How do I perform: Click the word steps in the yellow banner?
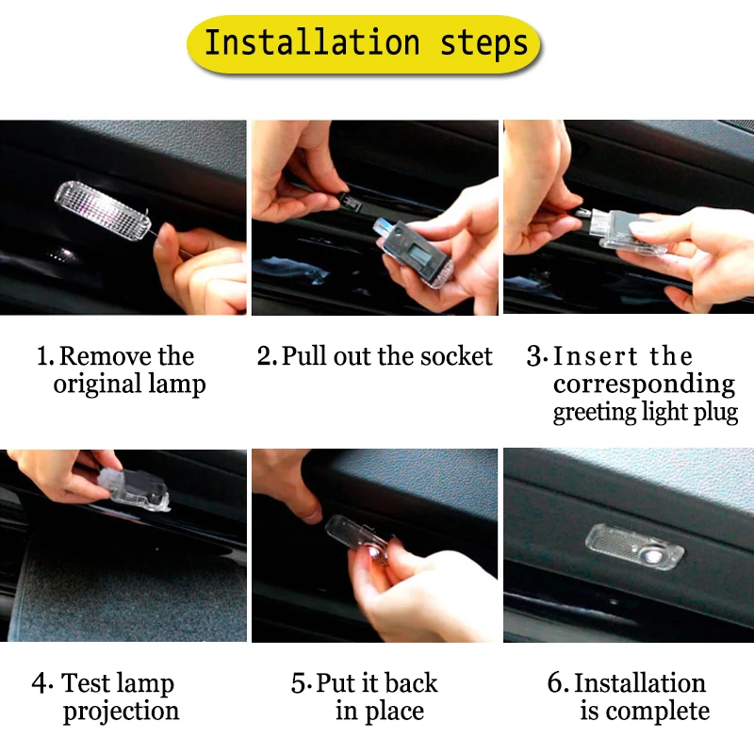tap(484, 42)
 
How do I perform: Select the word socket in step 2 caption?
tap(457, 356)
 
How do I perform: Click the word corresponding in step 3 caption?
tap(644, 385)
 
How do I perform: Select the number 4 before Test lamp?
tap(39, 683)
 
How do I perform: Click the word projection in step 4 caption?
tap(121, 712)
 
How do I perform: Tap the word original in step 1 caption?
tap(93, 385)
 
